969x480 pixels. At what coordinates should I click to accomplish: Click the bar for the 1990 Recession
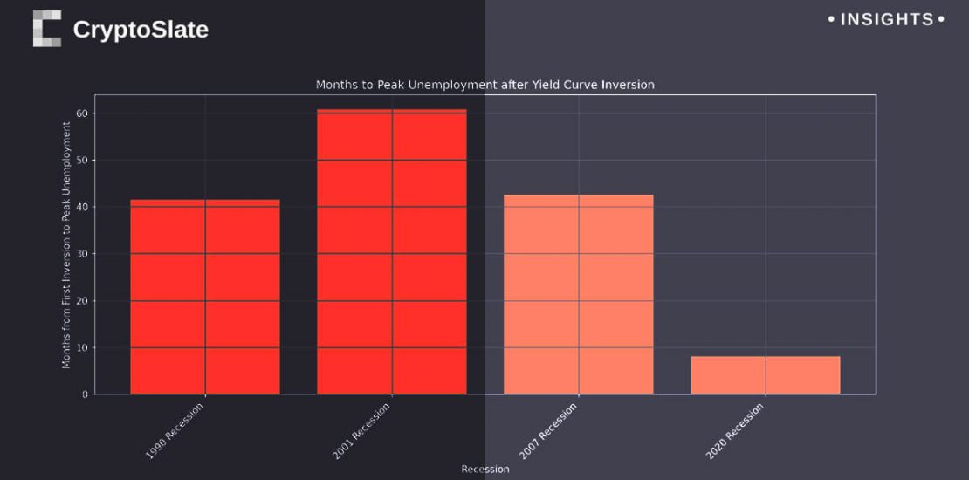pyautogui.click(x=205, y=297)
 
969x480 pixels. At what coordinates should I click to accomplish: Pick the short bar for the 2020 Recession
pyautogui.click(x=766, y=375)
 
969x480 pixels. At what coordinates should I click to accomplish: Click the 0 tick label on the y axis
pyautogui.click(x=85, y=394)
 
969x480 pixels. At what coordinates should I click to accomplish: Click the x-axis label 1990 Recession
pyautogui.click(x=175, y=431)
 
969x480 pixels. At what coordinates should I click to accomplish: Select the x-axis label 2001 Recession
pyautogui.click(x=362, y=431)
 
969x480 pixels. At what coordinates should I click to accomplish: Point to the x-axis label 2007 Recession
pyautogui.click(x=549, y=431)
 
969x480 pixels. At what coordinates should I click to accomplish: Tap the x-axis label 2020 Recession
pyautogui.click(x=736, y=431)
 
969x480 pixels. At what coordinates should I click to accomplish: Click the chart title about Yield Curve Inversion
pyautogui.click(x=484, y=85)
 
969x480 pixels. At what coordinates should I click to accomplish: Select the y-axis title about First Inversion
pyautogui.click(x=66, y=244)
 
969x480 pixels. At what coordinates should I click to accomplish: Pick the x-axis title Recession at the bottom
pyautogui.click(x=484, y=469)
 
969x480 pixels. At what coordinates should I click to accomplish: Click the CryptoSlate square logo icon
pyautogui.click(x=47, y=29)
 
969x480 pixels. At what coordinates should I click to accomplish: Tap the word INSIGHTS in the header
pyautogui.click(x=886, y=19)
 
